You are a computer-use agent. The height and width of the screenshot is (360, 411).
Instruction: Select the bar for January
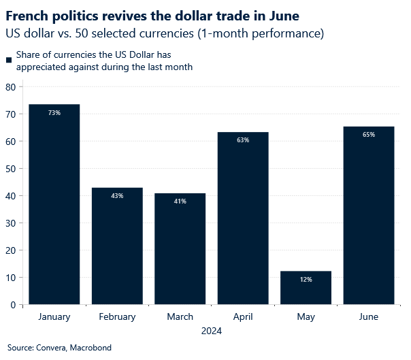point(54,204)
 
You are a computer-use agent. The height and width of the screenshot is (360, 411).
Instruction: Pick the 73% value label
point(54,112)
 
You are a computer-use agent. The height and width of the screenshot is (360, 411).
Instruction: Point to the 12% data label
point(306,280)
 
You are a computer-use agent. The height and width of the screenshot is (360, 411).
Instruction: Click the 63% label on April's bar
point(243,140)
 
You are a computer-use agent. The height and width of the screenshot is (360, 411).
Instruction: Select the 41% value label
point(180,201)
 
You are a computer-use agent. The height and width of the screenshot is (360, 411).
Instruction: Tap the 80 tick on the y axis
point(11,87)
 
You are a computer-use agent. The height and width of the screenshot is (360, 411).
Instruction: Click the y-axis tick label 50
point(11,169)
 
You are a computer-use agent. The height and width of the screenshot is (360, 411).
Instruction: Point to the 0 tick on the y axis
point(14,305)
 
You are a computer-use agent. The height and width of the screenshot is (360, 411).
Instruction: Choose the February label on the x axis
point(117,317)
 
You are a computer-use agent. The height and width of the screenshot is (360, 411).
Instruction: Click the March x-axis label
point(180,317)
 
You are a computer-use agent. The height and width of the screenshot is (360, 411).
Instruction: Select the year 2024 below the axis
point(211,331)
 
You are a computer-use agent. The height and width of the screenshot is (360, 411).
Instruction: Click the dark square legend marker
point(9,61)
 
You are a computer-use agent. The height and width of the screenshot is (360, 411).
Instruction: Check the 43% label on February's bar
point(117,196)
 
